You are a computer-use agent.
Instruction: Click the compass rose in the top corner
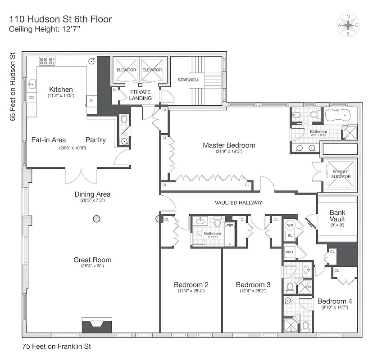pyautogui.click(x=348, y=25)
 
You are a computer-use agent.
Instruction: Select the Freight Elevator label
pyautogui.click(x=341, y=174)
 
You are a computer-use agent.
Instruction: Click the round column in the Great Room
pyautogui.click(x=96, y=219)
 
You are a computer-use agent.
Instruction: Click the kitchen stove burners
pyautogui.click(x=46, y=61)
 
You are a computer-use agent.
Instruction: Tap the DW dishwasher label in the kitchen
pyautogui.click(x=32, y=98)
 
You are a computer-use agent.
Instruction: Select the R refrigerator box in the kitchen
pyautogui.click(x=91, y=101)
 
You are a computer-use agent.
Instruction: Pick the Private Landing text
pyautogui.click(x=141, y=95)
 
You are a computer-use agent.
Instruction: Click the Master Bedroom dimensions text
pyautogui.click(x=229, y=152)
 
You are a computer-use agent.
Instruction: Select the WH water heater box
pyautogui.click(x=290, y=225)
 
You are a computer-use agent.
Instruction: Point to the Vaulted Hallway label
pyautogui.click(x=239, y=203)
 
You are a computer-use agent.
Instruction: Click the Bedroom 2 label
pyautogui.click(x=191, y=284)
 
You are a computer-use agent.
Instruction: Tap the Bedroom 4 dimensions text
pyautogui.click(x=335, y=308)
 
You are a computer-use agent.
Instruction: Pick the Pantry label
pyautogui.click(x=96, y=140)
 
